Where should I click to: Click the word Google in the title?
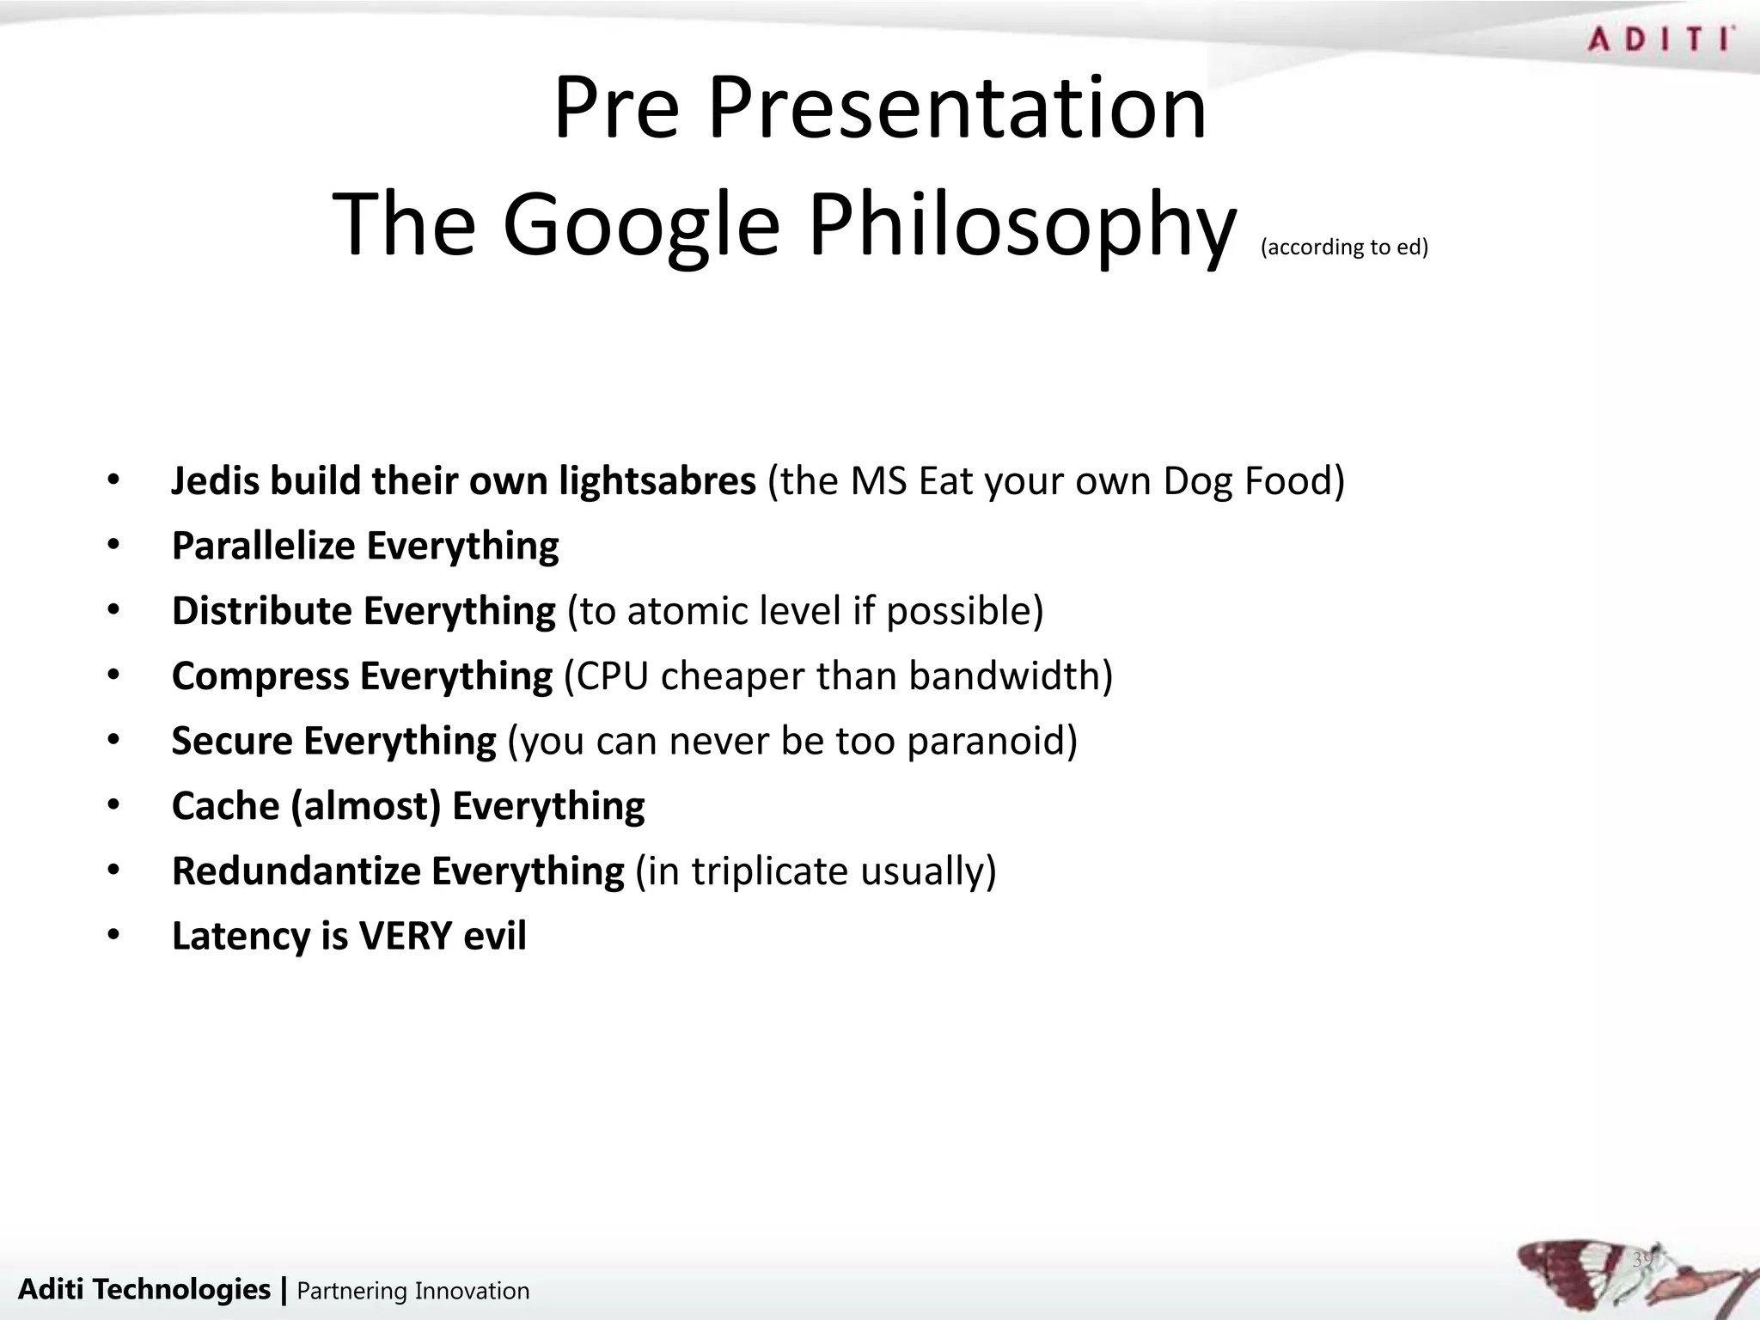(640, 225)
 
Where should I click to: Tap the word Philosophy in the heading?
(1021, 225)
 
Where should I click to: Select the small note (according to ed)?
(1344, 247)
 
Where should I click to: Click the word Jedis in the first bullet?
(215, 480)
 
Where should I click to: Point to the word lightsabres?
(657, 480)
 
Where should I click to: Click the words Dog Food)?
(1253, 480)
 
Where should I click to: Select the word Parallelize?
(263, 546)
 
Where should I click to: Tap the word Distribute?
(261, 611)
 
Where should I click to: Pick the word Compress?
(260, 676)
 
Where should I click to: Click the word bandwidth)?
(1011, 676)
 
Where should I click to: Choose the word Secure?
(230, 741)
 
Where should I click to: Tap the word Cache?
(225, 806)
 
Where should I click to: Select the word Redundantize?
(296, 871)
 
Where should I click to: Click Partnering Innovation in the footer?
(412, 1291)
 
